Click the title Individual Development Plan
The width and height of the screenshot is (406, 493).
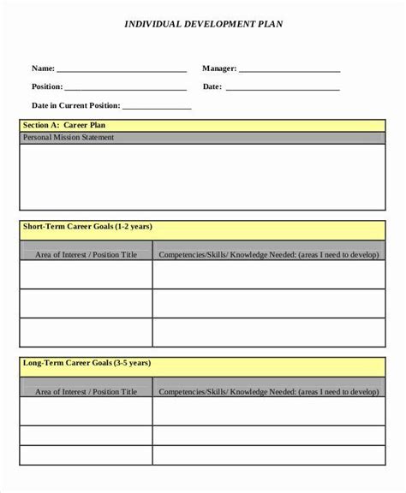(x=203, y=24)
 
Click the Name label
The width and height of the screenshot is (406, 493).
(x=43, y=68)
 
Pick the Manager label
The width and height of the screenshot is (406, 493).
(x=219, y=68)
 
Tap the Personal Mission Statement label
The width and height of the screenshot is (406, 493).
(x=68, y=137)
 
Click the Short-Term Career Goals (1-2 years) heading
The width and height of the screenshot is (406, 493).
(x=87, y=227)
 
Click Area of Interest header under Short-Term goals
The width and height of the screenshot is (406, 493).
(x=86, y=254)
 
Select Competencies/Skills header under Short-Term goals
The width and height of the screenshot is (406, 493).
(x=267, y=254)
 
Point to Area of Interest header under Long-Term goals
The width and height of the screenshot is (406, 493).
(x=86, y=391)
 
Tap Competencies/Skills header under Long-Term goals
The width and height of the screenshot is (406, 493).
(x=267, y=391)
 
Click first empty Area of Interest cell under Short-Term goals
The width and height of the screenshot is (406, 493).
(x=86, y=275)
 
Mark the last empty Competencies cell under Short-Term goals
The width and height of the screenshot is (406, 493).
(x=267, y=331)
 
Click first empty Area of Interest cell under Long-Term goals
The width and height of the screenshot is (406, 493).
(x=86, y=412)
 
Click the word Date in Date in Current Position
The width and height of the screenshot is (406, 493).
(x=40, y=106)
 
